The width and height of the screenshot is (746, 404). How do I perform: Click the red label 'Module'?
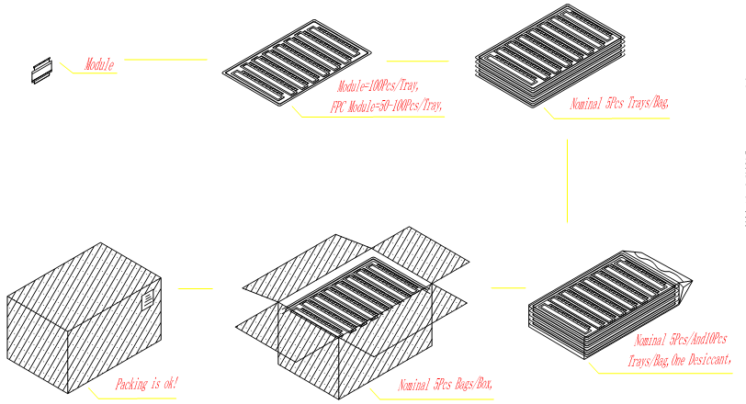coord(99,64)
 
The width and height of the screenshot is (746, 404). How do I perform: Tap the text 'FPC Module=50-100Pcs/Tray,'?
coord(387,106)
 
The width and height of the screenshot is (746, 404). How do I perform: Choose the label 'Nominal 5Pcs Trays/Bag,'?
coord(619,104)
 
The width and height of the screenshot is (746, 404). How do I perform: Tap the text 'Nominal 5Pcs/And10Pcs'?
coord(682,340)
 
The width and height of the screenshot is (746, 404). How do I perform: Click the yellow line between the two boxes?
coord(195,289)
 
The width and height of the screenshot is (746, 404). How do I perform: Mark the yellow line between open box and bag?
coord(508,288)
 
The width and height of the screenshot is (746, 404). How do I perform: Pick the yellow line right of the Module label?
coord(165,60)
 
